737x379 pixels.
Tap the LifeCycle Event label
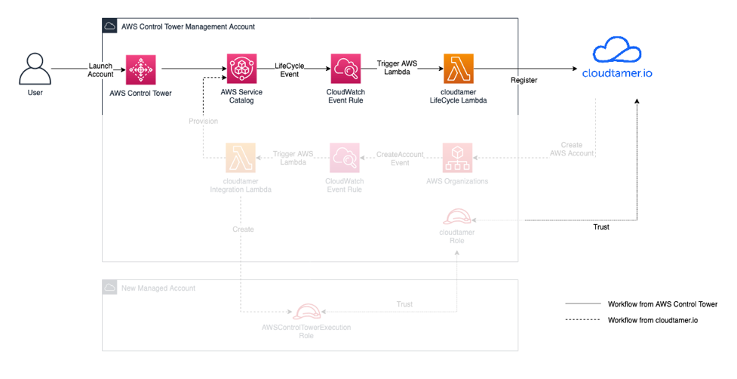289,70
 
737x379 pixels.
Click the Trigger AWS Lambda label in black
398,69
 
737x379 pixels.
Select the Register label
524,80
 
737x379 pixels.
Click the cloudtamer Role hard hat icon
458,217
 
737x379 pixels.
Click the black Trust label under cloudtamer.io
600,226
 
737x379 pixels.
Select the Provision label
204,122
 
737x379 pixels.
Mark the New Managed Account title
158,288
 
